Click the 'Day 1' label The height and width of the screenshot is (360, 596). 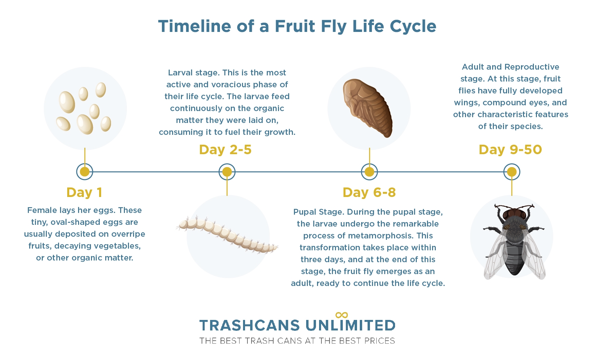[x=84, y=193]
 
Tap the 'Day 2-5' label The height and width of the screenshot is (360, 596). [x=225, y=150]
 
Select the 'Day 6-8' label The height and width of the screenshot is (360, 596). [x=369, y=193]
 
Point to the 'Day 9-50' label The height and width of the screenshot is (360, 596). [x=510, y=150]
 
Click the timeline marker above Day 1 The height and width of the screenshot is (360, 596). [x=85, y=172]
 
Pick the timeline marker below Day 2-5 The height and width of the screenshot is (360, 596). [x=227, y=172]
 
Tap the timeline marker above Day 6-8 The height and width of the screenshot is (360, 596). [x=369, y=172]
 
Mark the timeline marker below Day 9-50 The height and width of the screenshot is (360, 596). [x=512, y=172]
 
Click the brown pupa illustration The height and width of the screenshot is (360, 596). [x=368, y=108]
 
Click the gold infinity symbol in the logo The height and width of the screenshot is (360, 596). [x=341, y=315]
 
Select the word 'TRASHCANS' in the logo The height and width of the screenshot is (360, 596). [x=249, y=325]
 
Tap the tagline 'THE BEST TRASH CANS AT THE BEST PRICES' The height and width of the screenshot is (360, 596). [x=297, y=341]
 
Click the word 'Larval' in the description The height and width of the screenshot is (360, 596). [x=181, y=73]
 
